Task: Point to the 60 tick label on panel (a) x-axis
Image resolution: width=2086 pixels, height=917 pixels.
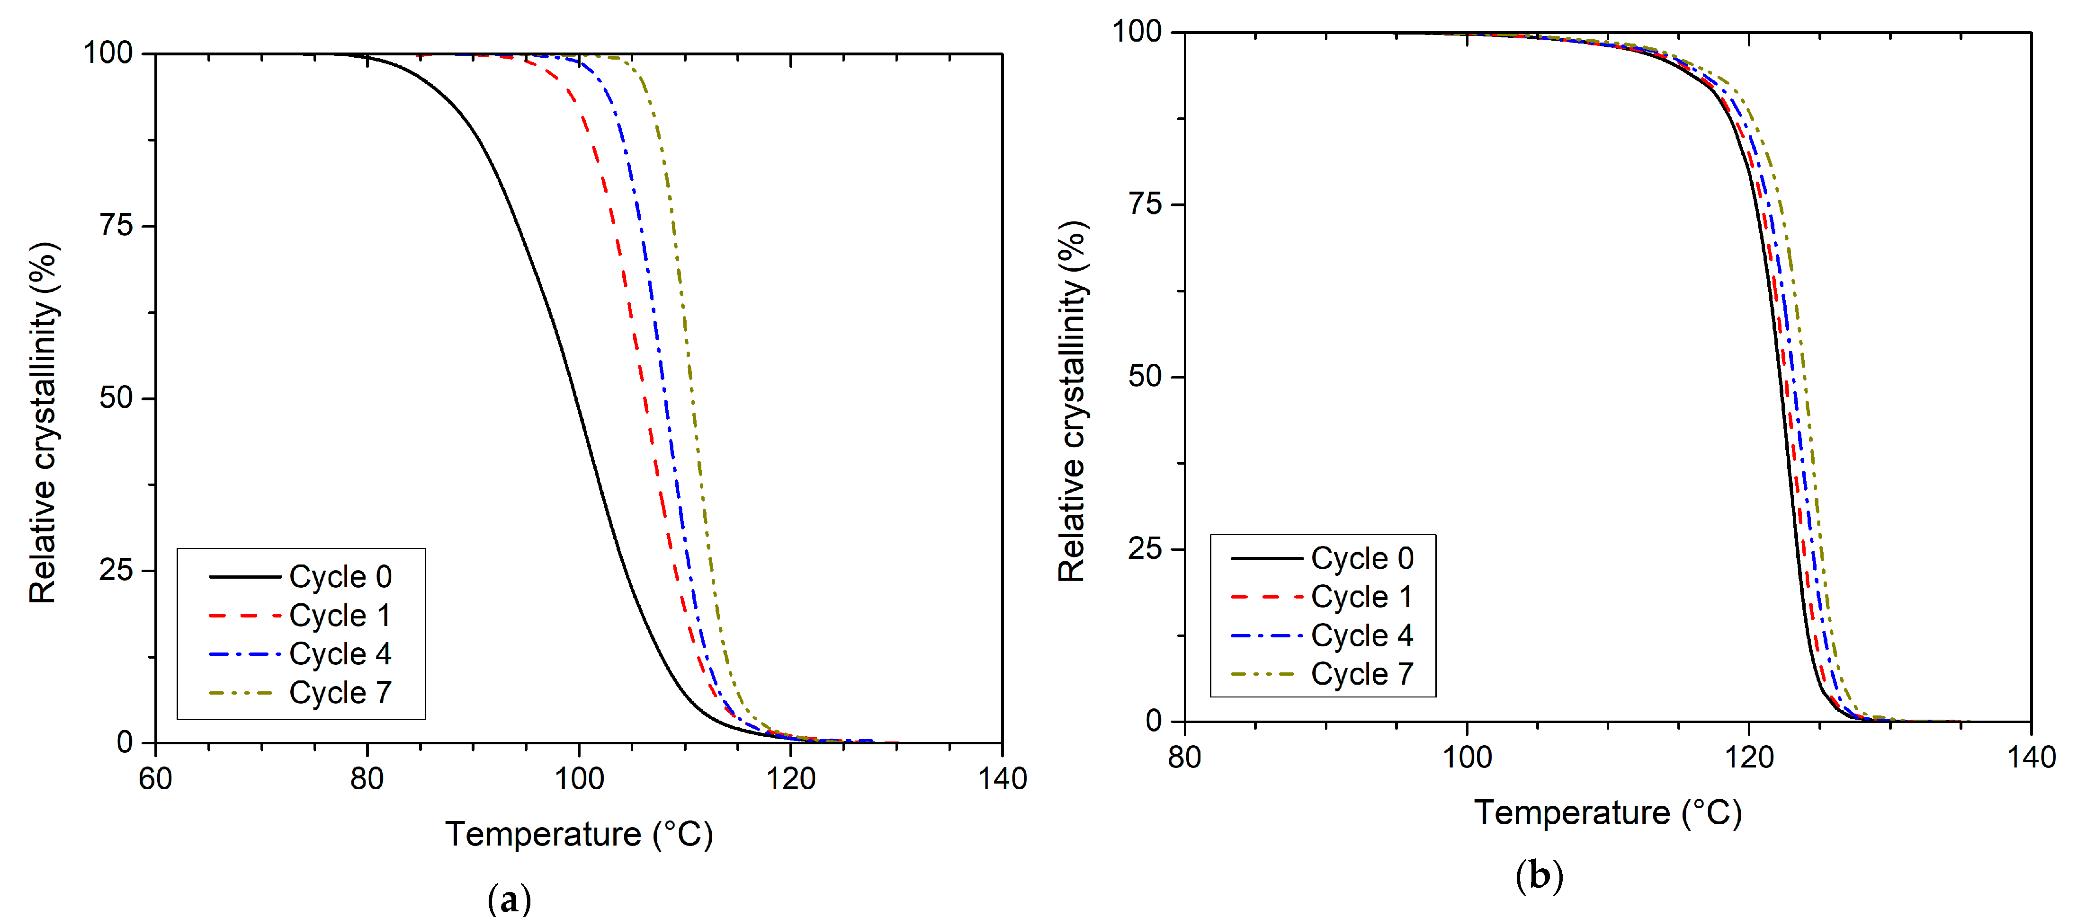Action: tap(155, 779)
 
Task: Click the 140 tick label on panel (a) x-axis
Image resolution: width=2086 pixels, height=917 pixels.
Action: tap(1002, 779)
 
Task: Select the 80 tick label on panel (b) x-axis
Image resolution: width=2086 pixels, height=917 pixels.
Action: tap(1185, 758)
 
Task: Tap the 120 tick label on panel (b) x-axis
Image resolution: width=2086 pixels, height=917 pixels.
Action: tap(1749, 758)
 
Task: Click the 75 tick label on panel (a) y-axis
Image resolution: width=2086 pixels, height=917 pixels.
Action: tap(116, 225)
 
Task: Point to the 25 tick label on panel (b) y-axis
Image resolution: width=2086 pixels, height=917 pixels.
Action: tap(1144, 549)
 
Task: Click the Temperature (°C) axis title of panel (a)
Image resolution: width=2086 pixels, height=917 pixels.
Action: tap(579, 834)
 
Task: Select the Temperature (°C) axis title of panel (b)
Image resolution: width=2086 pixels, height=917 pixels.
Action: tap(1607, 812)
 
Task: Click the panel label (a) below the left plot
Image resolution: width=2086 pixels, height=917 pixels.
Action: tap(510, 899)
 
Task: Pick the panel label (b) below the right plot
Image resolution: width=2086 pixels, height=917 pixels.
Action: tap(1539, 876)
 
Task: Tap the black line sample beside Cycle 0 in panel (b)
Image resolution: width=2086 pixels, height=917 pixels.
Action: tap(1266, 558)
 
